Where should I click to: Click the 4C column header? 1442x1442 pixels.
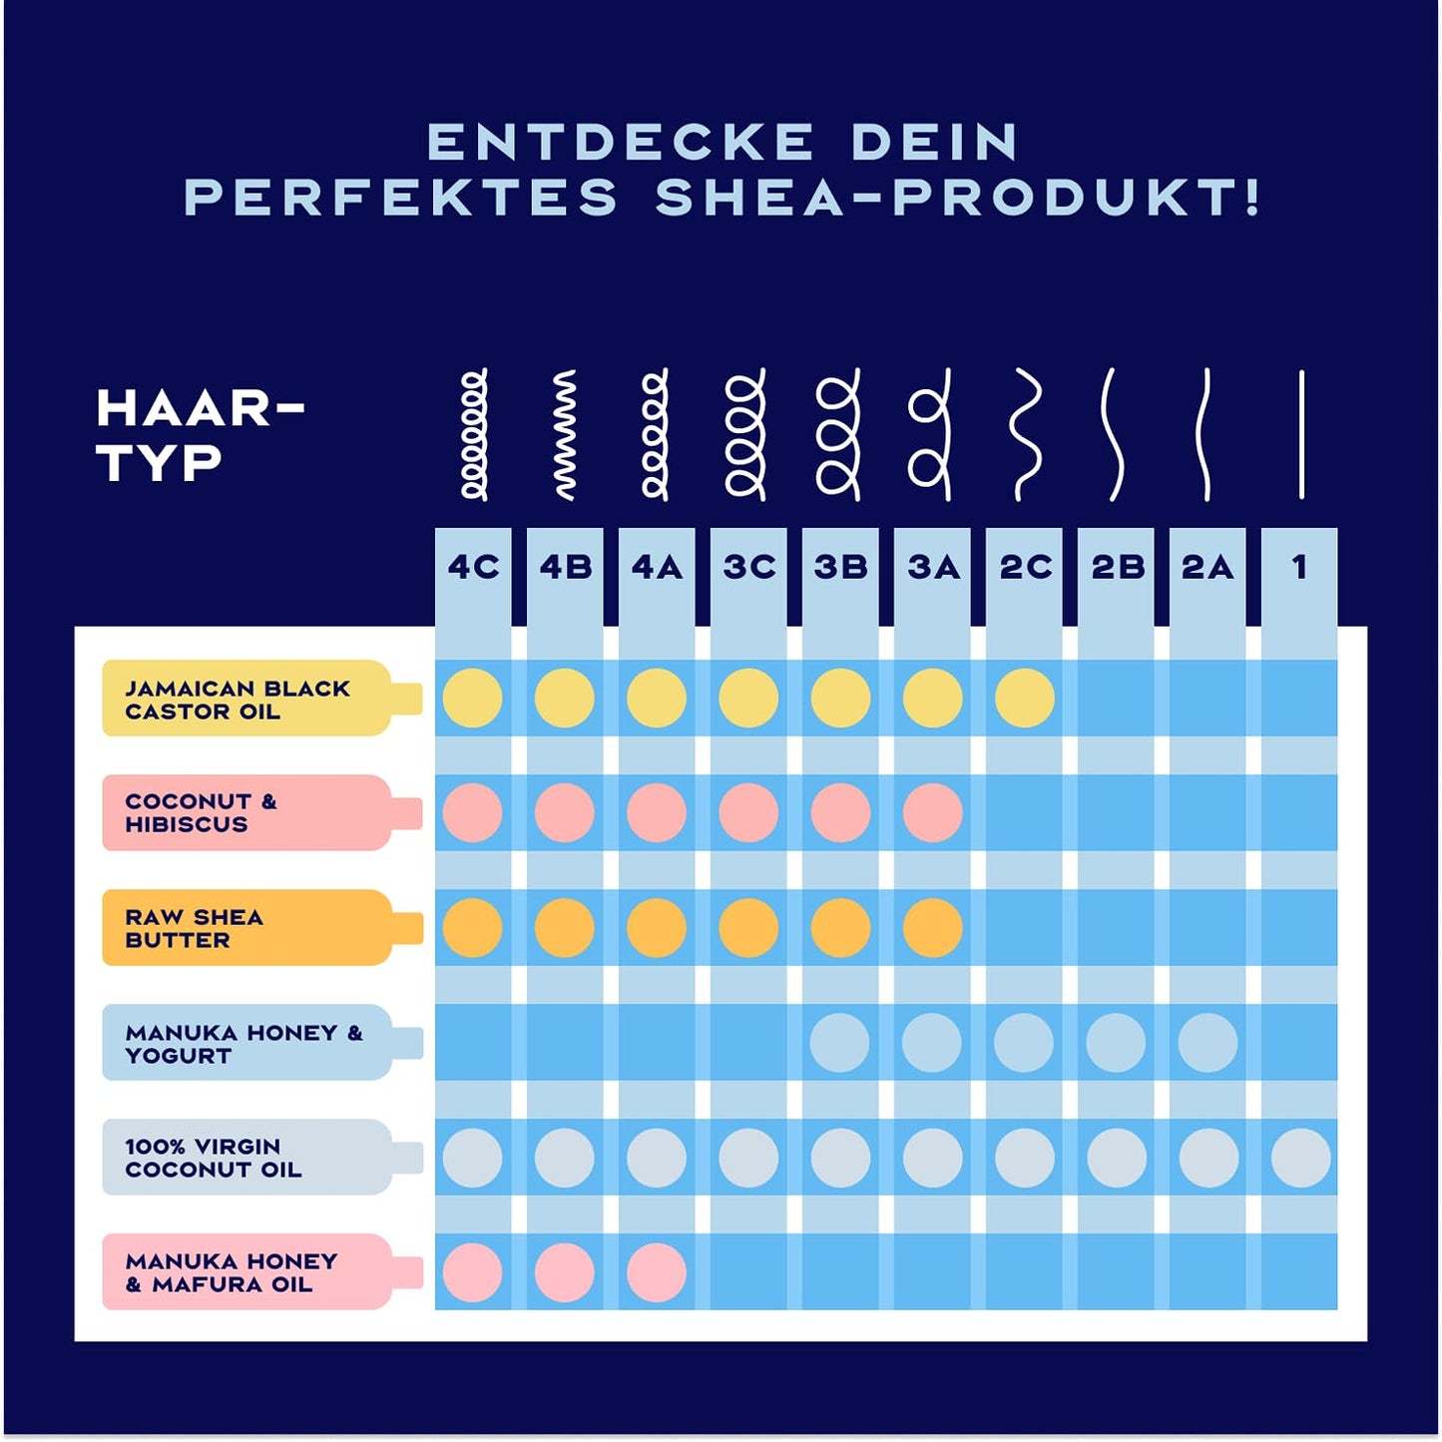[473, 567]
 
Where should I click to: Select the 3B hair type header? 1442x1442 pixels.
[840, 567]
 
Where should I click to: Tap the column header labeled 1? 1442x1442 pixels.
[1299, 567]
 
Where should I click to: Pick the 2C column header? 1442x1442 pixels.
[1025, 567]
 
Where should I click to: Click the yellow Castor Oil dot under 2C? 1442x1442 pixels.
[1025, 698]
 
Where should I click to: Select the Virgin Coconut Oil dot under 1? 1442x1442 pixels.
[1300, 1158]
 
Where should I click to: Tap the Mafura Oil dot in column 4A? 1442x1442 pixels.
[657, 1272]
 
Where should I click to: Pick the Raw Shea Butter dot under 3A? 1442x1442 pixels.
[932, 928]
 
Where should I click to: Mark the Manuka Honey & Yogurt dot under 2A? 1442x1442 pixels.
[1207, 1043]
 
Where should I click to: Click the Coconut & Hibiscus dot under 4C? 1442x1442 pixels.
[472, 812]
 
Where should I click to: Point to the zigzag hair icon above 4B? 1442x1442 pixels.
[565, 434]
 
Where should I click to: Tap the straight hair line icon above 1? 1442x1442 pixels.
[1301, 434]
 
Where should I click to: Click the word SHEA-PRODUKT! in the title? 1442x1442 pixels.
[958, 197]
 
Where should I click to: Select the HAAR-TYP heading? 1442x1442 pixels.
[200, 435]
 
